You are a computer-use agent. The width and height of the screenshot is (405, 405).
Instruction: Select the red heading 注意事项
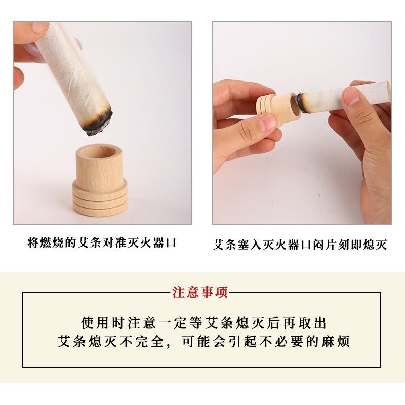coord(200,292)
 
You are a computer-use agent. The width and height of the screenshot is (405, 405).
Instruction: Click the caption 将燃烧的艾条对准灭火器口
coord(101,242)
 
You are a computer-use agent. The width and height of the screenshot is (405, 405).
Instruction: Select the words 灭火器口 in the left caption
coord(152,242)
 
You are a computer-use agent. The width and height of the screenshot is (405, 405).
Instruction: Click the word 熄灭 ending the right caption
coord(376,246)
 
